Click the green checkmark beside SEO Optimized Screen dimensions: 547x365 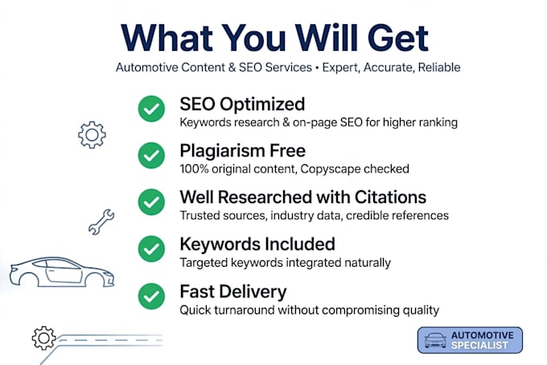[x=151, y=109]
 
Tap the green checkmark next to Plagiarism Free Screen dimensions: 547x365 [x=151, y=156]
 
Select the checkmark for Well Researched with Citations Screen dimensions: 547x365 [x=151, y=202]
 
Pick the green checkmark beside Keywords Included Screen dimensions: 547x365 [x=151, y=249]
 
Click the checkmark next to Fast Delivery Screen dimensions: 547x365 [x=151, y=297]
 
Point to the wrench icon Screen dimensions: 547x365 [x=101, y=222]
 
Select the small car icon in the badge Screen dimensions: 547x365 [x=435, y=340]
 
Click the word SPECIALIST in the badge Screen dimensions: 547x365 [x=479, y=346]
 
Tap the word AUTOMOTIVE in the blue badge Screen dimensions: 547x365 [x=483, y=335]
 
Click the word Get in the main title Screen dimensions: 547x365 [x=397, y=38]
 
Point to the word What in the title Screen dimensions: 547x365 [x=167, y=38]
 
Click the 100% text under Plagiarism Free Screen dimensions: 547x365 [x=194, y=169]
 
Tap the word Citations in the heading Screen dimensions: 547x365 [x=390, y=197]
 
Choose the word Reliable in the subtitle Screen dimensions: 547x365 [x=439, y=67]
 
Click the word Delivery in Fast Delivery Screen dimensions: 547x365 [x=253, y=292]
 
